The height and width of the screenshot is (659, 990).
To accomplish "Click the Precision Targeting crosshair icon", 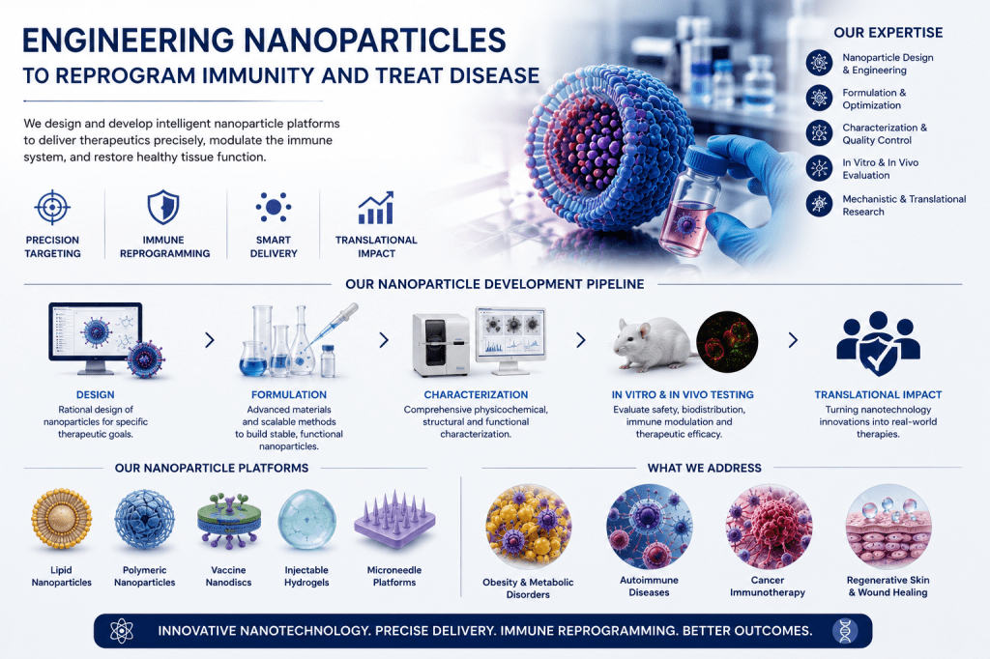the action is tap(52, 207).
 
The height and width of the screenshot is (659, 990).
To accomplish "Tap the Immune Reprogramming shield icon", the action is tap(163, 207).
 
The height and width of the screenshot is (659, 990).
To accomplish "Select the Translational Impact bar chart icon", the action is tap(376, 208).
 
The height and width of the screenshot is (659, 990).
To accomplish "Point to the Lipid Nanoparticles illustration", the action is tap(61, 519).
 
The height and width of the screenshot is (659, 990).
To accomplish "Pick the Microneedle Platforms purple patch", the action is tap(394, 519).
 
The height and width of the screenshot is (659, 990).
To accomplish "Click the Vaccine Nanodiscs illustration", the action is tap(228, 521).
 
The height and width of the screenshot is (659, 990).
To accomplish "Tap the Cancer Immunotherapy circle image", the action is tap(768, 527).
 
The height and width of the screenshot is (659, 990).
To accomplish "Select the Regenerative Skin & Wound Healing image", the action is tap(888, 527).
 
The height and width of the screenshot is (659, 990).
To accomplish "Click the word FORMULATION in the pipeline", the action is tap(288, 394).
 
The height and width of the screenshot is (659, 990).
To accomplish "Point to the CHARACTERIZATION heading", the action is tap(476, 394).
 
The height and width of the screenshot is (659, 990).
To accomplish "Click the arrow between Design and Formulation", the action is tap(210, 340).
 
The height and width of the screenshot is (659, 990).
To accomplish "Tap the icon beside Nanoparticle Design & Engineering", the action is tap(819, 63).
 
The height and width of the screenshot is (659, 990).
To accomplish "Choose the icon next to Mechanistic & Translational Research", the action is tap(819, 204).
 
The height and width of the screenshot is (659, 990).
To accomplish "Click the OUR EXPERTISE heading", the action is tap(888, 33).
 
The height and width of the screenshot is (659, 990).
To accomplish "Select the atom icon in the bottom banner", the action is tap(121, 631).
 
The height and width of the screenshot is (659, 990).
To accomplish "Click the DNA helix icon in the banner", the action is tap(845, 631).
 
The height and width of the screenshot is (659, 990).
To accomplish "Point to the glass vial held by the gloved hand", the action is tap(690, 202).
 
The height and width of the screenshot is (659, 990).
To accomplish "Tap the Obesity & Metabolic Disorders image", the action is tap(529, 527).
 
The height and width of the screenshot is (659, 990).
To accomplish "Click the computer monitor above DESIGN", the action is tap(96, 337).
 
